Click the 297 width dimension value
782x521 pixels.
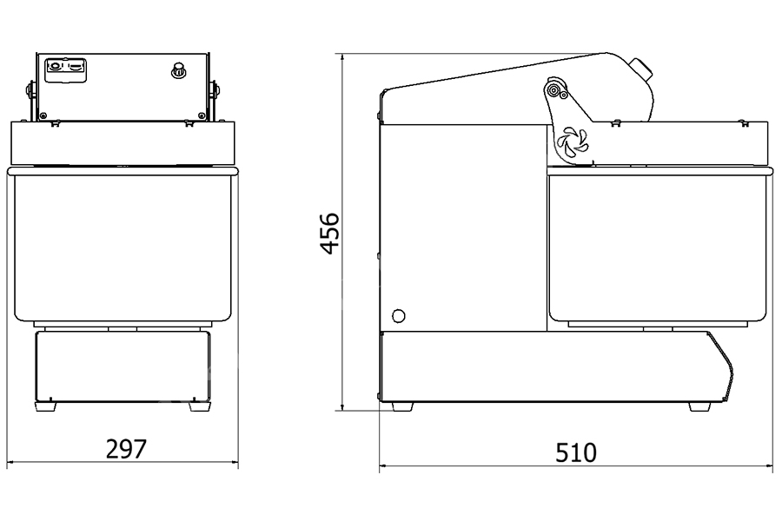point(126,449)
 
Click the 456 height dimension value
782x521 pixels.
point(329,234)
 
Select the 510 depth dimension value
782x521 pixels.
point(576,452)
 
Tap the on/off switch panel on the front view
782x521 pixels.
point(65,70)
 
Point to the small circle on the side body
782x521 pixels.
point(399,315)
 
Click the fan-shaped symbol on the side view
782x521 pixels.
point(573,140)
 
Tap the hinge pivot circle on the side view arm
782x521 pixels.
point(553,89)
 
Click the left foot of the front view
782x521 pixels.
point(45,406)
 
